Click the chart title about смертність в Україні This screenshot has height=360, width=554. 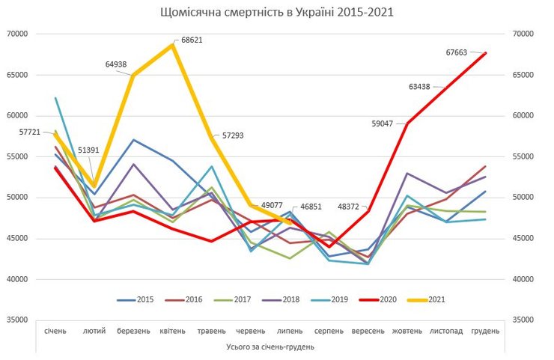(276, 13)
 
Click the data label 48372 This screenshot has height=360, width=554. (353, 207)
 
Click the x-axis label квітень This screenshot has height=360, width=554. (174, 330)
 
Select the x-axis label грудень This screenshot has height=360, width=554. (484, 330)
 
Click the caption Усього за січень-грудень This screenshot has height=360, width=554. (270, 347)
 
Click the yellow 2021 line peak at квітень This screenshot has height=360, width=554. (173, 45)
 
